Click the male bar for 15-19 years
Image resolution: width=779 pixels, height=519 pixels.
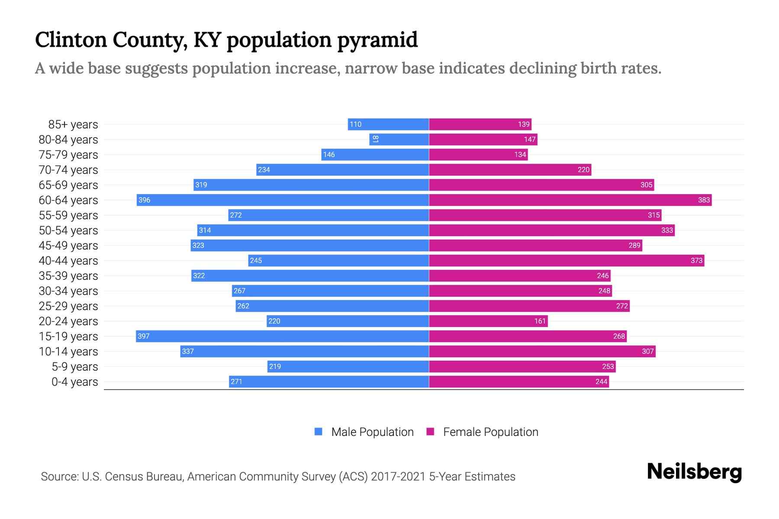point(282,336)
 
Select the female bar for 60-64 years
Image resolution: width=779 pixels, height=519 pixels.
point(570,200)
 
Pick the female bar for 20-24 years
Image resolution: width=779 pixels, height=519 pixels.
point(488,321)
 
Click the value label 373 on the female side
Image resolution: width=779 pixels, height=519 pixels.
point(696,261)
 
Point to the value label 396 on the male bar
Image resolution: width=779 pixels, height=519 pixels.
point(144,200)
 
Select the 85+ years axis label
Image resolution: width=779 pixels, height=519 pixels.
point(73,125)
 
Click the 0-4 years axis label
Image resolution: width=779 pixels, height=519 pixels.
point(74,382)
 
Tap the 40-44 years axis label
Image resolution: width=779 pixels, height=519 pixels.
point(68,261)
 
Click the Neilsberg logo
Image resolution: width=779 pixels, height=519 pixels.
point(694,472)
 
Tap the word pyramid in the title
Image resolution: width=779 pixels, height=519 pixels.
point(377,40)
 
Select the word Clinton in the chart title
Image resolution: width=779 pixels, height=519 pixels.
point(71,40)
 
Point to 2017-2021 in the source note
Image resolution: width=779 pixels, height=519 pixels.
point(398,477)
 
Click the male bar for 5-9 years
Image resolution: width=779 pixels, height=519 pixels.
point(348,367)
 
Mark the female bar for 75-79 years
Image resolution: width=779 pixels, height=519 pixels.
point(478,155)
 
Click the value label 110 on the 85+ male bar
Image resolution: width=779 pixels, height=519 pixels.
point(355,125)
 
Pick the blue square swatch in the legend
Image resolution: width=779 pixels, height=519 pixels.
point(319,432)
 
